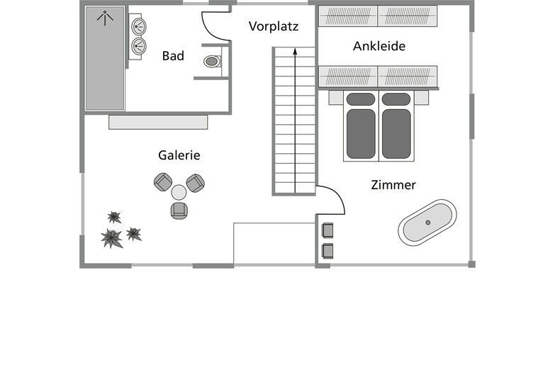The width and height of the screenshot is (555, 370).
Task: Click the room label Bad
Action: pos(173,56)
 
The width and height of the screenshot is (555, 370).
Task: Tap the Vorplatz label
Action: pos(274,27)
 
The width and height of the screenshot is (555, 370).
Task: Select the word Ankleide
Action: pos(379,47)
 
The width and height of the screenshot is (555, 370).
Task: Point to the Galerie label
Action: pos(179,155)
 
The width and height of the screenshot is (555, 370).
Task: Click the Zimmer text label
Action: pos(393,185)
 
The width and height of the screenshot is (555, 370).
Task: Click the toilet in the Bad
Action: pos(213,62)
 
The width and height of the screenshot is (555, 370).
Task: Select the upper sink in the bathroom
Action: pos(138,27)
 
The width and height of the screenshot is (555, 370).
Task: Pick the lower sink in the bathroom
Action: pos(138,46)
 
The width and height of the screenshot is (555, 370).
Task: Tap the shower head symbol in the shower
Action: pos(105,16)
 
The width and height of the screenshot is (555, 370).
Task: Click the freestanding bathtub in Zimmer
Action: pos(427,223)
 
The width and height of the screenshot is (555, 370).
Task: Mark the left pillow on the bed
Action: pos(361,99)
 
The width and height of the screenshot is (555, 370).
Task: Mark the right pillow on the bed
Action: pos(396,99)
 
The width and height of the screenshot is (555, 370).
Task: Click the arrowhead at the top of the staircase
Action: pos(294,51)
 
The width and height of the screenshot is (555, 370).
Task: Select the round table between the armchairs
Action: pos(179,192)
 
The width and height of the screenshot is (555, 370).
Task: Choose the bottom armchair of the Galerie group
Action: pos(179,210)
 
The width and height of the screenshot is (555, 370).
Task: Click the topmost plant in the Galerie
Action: pos(114,217)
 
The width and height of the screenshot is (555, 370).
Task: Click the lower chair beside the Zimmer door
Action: pos(327,250)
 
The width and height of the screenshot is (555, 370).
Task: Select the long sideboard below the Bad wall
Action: pos(158,122)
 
